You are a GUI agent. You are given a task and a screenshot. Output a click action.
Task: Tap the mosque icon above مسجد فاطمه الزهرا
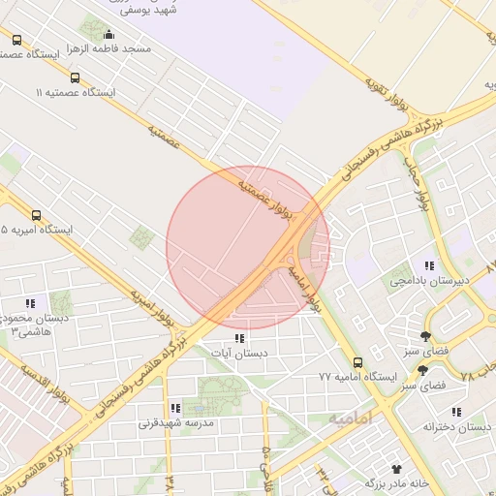[x=108, y=36]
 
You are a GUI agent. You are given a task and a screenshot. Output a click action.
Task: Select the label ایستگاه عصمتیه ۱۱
[x=76, y=92]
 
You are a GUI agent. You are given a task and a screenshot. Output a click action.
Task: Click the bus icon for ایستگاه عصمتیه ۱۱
[x=76, y=77]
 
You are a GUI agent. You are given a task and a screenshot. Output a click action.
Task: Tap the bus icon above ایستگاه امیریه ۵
[x=37, y=215]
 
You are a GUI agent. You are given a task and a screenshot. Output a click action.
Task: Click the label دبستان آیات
[x=239, y=354]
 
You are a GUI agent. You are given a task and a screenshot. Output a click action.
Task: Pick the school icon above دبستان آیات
[x=239, y=338]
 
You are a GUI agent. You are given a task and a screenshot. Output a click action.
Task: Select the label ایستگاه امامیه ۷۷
[x=358, y=376]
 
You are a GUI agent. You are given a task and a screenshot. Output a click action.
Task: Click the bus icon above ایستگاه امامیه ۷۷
[x=358, y=361]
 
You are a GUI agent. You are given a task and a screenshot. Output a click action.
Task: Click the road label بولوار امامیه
[x=303, y=290]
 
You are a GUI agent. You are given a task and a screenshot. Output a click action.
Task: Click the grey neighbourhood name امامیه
[x=350, y=418]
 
